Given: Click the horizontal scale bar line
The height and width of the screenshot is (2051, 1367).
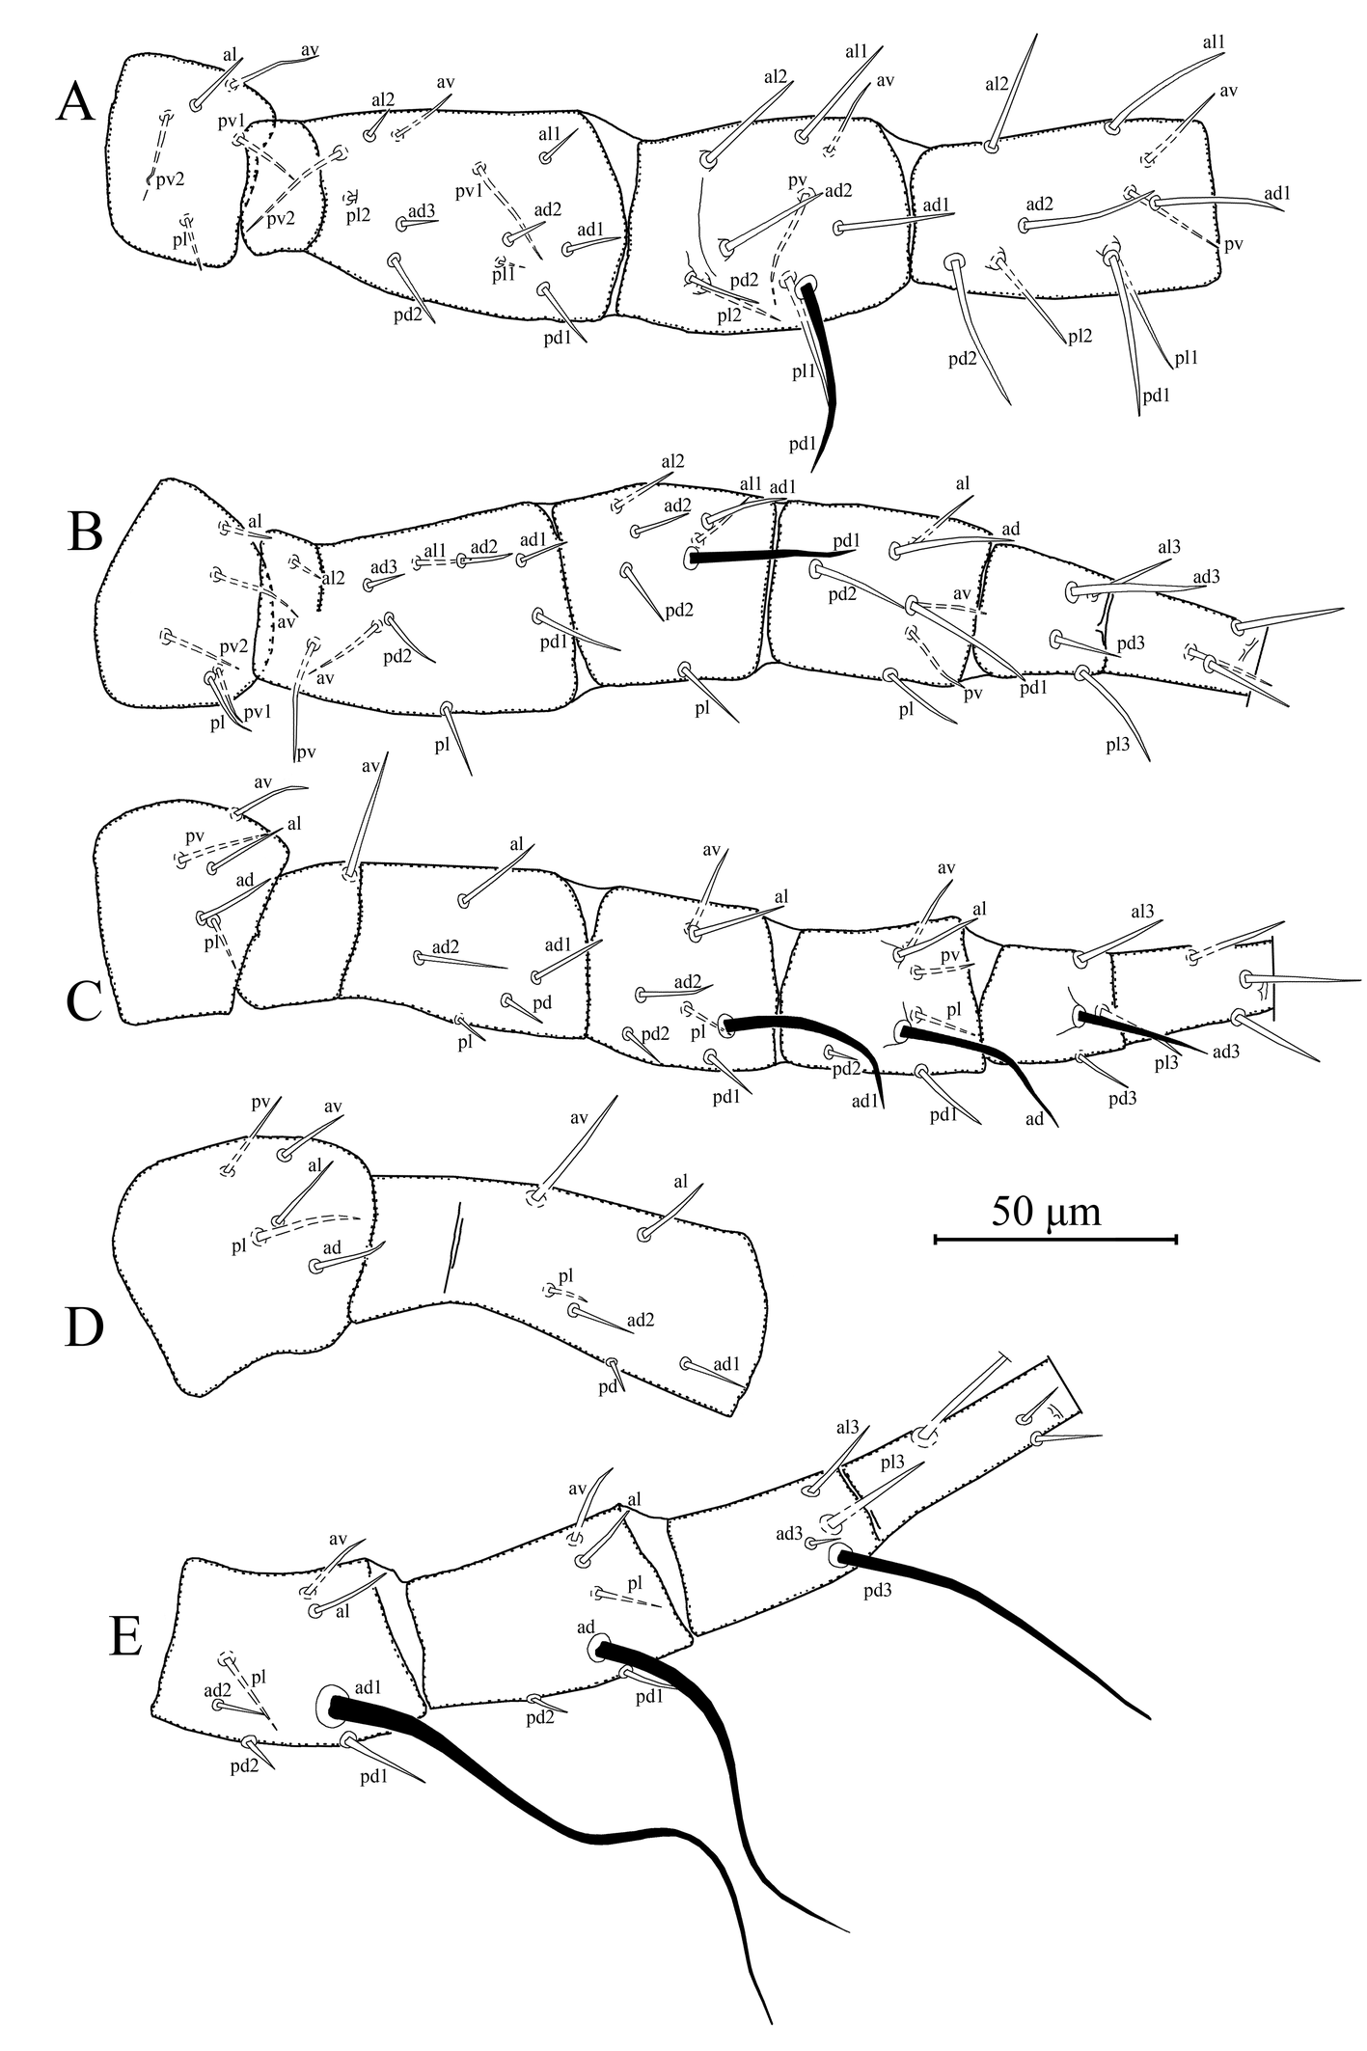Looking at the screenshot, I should click(x=1055, y=1239).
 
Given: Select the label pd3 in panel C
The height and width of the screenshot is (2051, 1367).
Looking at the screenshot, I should click(x=1122, y=1096).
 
